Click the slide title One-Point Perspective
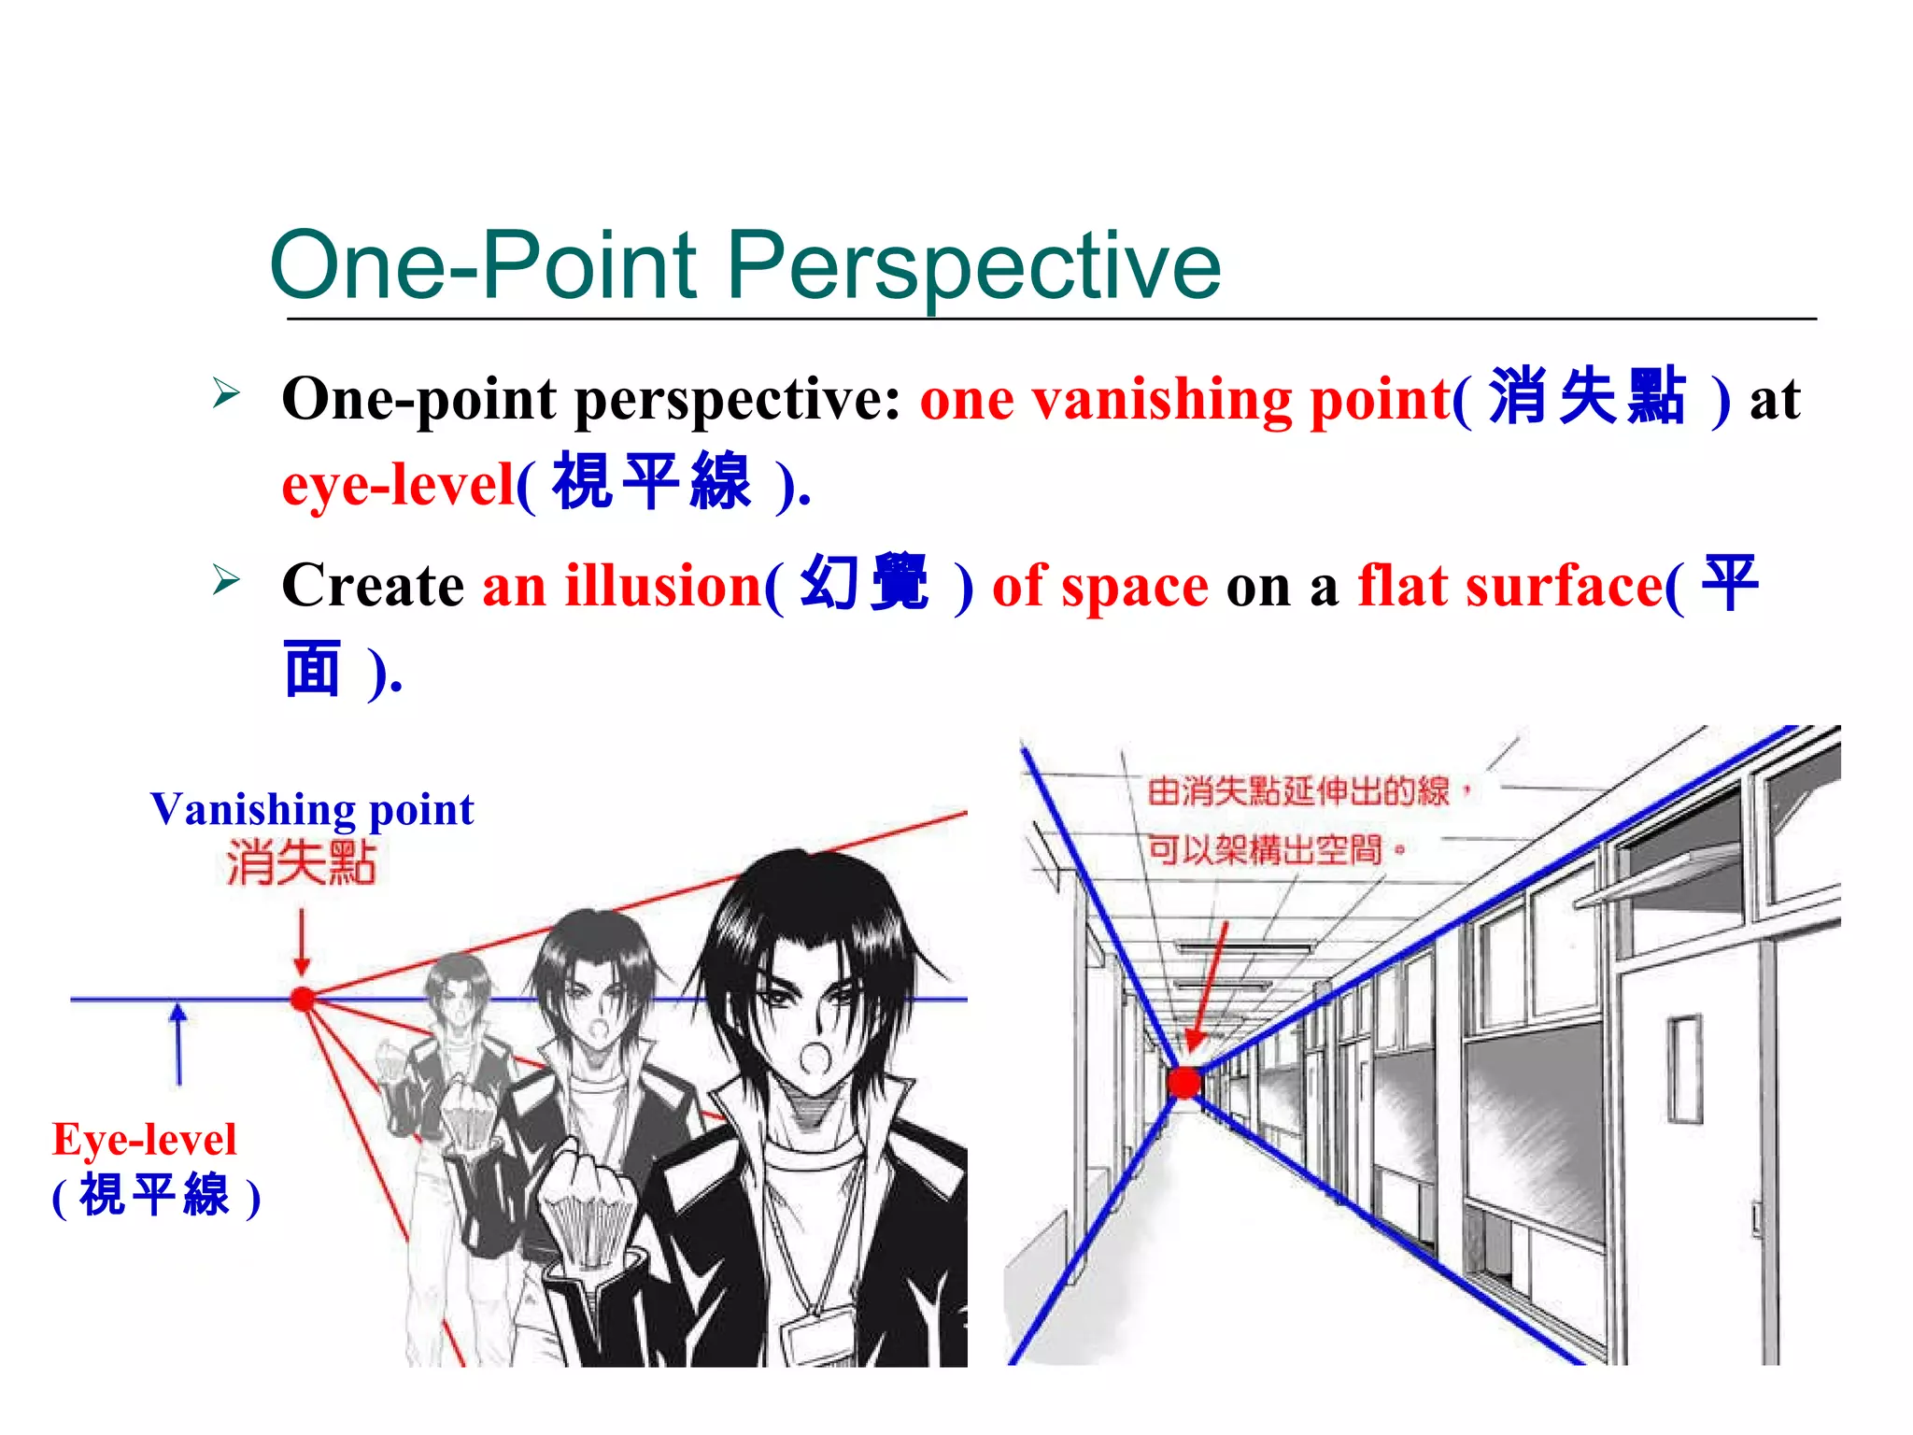(744, 266)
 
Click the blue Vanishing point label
(312, 809)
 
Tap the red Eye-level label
(145, 1140)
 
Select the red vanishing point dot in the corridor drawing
(1184, 1083)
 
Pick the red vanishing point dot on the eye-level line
(303, 999)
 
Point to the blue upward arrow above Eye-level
(178, 1042)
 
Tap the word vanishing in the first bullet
(1162, 400)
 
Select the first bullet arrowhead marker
(225, 392)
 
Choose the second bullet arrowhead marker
(225, 580)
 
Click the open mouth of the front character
(815, 1058)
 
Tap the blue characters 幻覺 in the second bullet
(865, 584)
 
